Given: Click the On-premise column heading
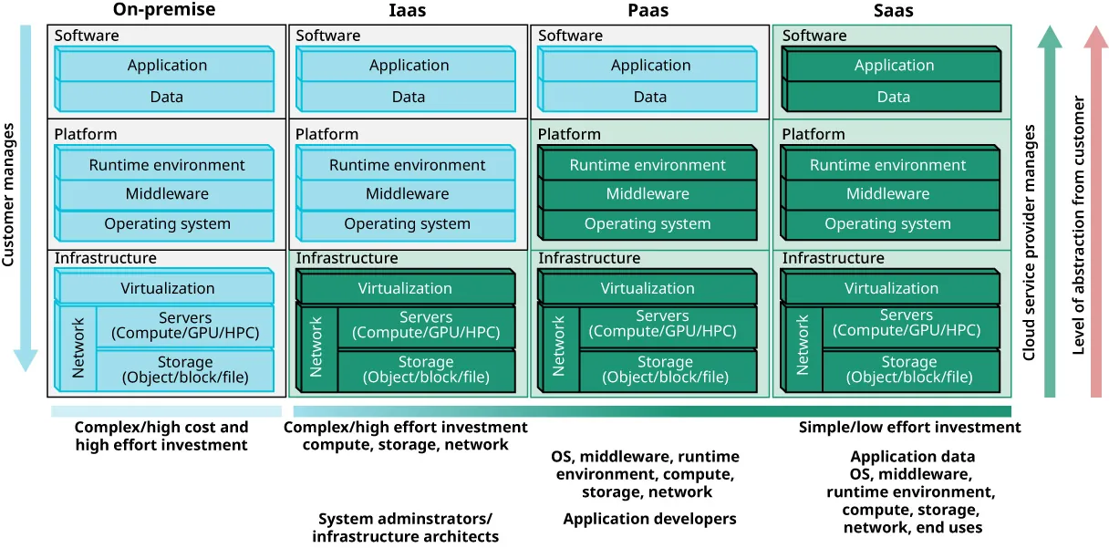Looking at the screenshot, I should tap(164, 11).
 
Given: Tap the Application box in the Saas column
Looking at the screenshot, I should tap(894, 66).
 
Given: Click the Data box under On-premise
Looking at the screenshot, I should tap(167, 97).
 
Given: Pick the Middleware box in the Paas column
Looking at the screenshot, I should tap(648, 194).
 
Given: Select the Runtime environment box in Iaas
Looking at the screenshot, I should tap(407, 165).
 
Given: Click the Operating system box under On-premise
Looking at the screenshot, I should tap(167, 224).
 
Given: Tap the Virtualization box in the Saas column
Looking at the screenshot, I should tap(891, 289).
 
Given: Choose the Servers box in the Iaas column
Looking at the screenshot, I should tap(426, 326).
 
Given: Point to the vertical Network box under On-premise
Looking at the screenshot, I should tap(78, 347).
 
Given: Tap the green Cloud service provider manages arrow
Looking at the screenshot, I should tap(1050, 210).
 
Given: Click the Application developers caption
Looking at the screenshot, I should tap(649, 519).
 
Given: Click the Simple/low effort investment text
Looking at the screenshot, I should tap(909, 428).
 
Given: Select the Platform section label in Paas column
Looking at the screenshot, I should tap(569, 134).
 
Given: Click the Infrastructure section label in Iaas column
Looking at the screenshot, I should tap(347, 259).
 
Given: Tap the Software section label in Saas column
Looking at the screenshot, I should tap(814, 36).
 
